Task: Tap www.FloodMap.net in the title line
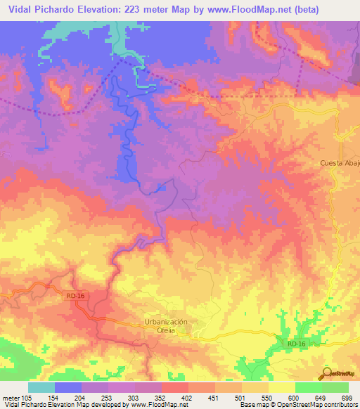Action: [241, 10]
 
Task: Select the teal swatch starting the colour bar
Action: [41, 387]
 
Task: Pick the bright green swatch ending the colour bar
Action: [335, 387]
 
